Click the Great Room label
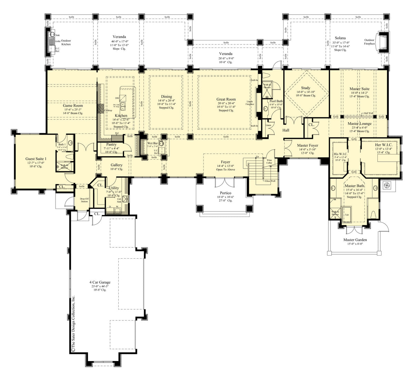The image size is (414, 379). click(x=226, y=99)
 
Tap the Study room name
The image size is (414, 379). click(x=305, y=88)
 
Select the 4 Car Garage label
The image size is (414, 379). click(x=99, y=282)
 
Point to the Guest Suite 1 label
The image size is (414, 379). click(x=36, y=159)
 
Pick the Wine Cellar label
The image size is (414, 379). click(x=269, y=162)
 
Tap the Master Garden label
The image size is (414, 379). click(x=355, y=240)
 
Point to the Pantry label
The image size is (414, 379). click(x=111, y=144)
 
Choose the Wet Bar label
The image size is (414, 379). click(x=152, y=143)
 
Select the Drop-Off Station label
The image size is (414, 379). click(x=84, y=200)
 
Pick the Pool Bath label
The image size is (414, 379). click(x=276, y=101)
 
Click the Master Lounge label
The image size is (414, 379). click(x=359, y=123)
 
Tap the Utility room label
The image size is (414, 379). click(x=114, y=188)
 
